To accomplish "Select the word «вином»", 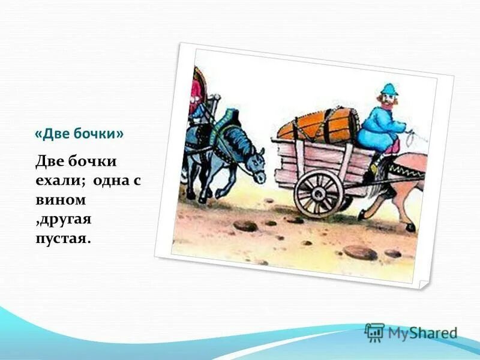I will tap(62, 199).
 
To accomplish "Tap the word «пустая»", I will tap(63, 238).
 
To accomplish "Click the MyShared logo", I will tap(412, 332).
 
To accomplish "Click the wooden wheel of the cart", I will tap(319, 193).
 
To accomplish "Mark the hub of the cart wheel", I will tap(319, 193).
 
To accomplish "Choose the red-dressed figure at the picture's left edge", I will tap(196, 90).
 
